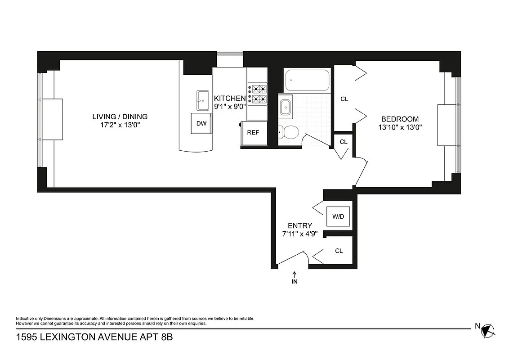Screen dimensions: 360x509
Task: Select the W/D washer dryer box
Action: (x=338, y=216)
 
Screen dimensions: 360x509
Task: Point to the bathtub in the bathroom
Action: (x=307, y=81)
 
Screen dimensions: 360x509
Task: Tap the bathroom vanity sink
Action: (x=286, y=107)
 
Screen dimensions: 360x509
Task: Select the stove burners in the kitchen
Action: (x=257, y=94)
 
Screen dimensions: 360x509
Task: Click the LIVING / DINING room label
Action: (x=120, y=117)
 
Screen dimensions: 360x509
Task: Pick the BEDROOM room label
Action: (x=400, y=119)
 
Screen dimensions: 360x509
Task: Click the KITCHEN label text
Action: (x=230, y=99)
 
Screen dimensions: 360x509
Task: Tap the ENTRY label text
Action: (x=300, y=225)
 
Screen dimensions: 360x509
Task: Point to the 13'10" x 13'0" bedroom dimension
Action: (x=400, y=127)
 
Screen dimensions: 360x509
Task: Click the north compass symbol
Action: (x=488, y=331)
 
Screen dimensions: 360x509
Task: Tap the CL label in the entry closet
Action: (x=339, y=251)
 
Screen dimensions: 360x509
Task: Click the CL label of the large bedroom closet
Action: (x=344, y=99)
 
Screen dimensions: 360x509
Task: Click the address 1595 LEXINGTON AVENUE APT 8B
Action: (x=94, y=337)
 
